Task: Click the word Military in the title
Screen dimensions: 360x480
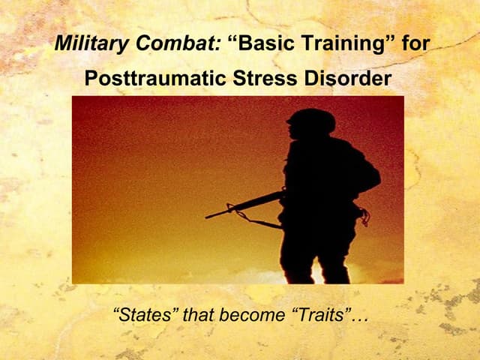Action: coord(84,43)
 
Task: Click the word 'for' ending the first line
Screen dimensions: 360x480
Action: coord(415,43)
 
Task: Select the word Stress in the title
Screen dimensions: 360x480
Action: coord(262,78)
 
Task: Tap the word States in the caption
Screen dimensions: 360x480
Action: coord(145,316)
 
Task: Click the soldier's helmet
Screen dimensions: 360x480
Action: coord(311,120)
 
